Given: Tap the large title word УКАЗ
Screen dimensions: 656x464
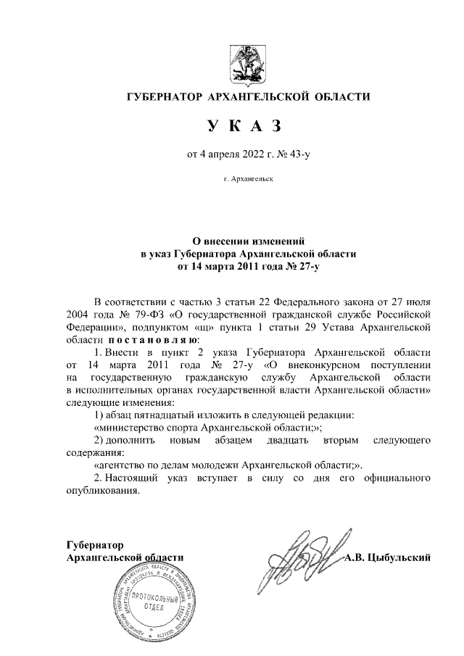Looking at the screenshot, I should (x=243, y=126).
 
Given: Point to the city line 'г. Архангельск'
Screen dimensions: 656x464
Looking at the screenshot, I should (x=243, y=178).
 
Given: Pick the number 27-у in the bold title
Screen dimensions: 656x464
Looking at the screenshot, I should (x=304, y=266).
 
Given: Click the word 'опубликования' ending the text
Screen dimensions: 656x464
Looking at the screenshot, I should (x=101, y=491).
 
